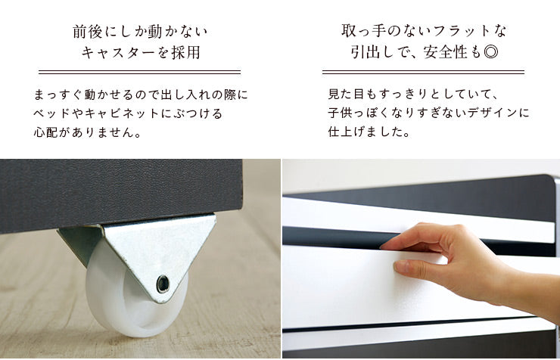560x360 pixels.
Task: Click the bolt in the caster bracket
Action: click(x=163, y=284)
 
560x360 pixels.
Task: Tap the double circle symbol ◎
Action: click(x=490, y=52)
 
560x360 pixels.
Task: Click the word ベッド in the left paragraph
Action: click(x=51, y=113)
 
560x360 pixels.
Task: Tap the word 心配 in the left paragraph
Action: click(x=45, y=132)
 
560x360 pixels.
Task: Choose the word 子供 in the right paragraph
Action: click(x=340, y=113)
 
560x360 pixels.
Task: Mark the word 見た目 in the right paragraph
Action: click(x=347, y=95)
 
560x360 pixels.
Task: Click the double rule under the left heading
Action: click(x=140, y=73)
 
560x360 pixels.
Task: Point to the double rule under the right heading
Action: click(x=423, y=72)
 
